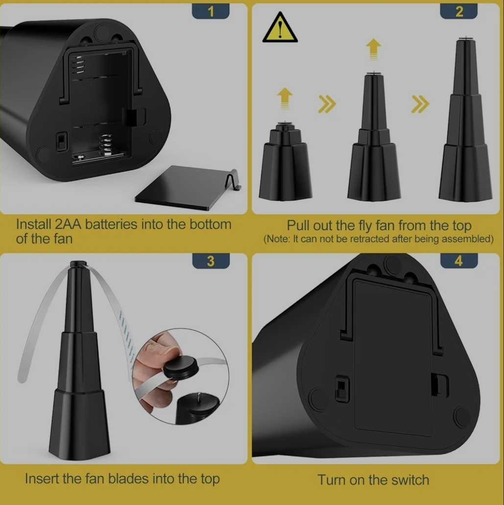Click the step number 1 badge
(211, 11)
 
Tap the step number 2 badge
(458, 11)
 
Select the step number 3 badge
(211, 261)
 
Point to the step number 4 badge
(459, 261)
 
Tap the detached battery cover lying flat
(188, 188)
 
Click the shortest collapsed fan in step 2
(286, 161)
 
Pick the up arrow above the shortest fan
(285, 99)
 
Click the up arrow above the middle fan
(373, 49)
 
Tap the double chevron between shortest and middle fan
(327, 104)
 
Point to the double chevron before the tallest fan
(420, 104)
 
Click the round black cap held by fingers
(181, 367)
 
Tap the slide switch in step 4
(342, 389)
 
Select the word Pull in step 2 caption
(298, 225)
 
